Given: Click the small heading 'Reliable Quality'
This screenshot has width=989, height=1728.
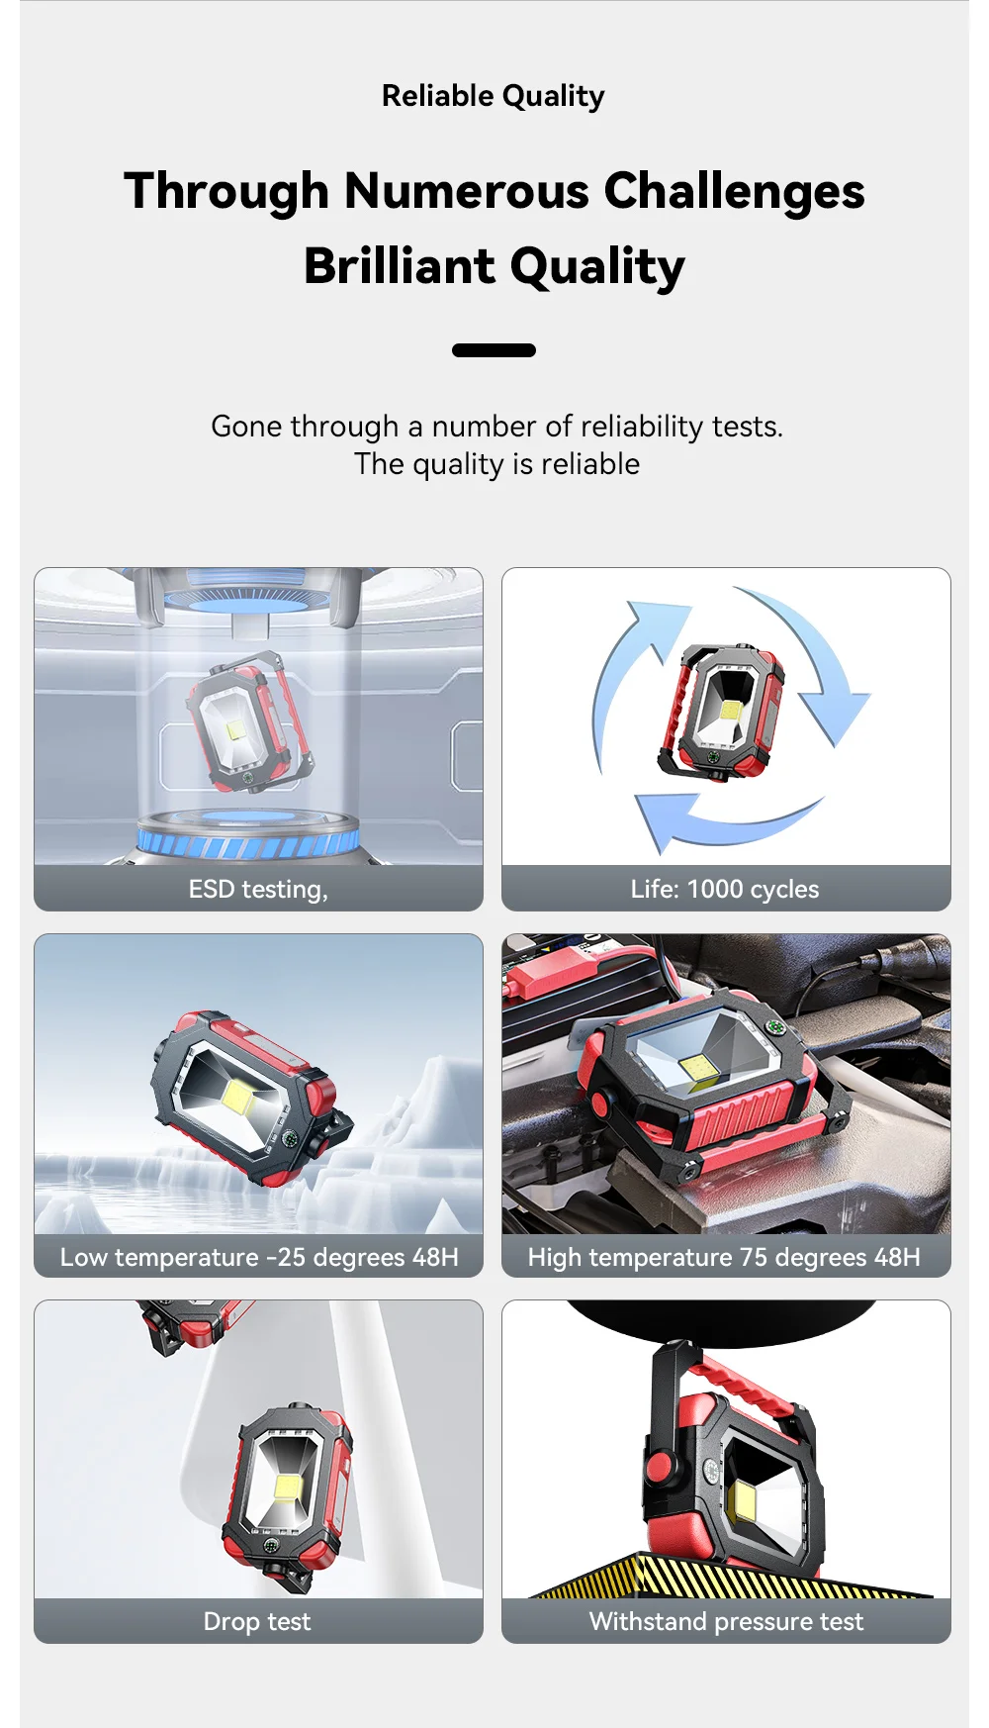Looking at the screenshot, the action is (x=494, y=96).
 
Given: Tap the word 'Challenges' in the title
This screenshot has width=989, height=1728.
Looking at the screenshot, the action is (x=734, y=191).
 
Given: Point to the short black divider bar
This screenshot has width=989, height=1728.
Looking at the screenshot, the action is (x=494, y=350).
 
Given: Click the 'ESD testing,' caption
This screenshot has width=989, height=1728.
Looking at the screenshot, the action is (x=258, y=889).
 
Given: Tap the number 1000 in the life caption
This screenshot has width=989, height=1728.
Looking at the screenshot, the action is (x=714, y=889).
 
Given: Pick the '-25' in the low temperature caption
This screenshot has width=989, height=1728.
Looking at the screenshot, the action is (x=286, y=1257).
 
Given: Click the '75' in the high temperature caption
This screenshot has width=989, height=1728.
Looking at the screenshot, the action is (x=754, y=1257).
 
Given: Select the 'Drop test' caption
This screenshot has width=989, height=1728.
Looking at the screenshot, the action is (x=257, y=1621).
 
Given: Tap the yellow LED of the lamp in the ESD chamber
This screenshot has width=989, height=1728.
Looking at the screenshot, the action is (x=236, y=731).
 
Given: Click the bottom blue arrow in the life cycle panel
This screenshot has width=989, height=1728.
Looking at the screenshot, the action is (x=727, y=822).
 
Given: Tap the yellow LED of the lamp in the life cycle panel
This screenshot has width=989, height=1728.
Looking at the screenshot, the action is (x=731, y=710).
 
